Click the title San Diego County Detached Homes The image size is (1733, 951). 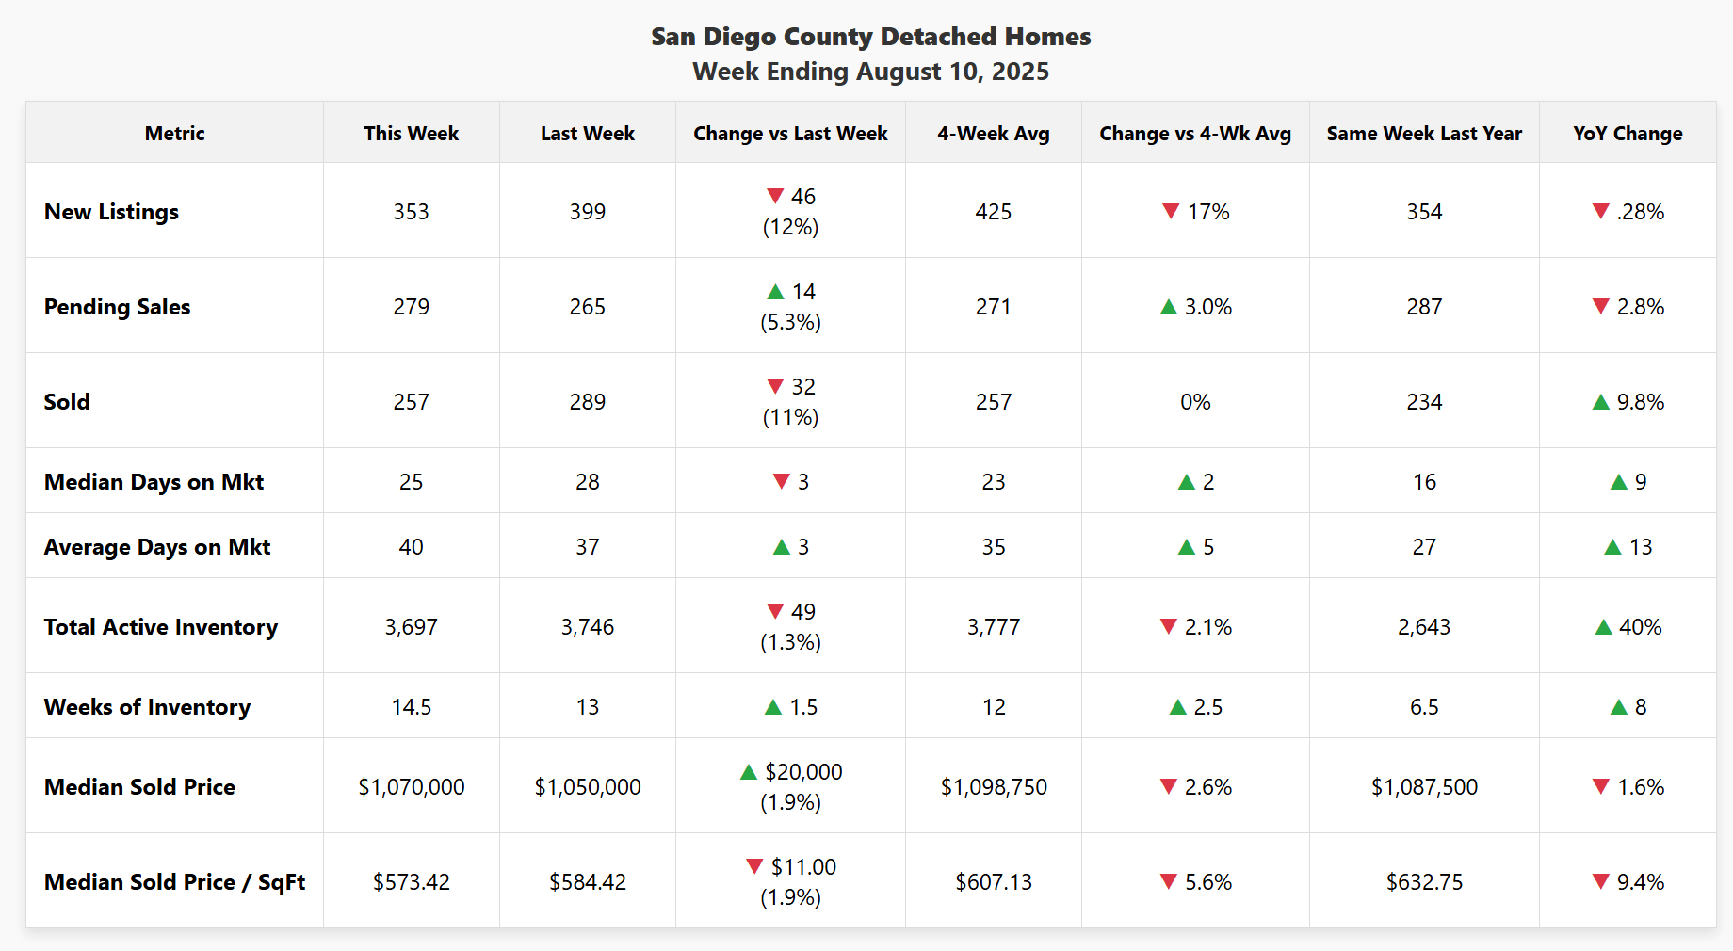pyautogui.click(x=870, y=37)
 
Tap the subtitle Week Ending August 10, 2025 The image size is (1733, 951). pyautogui.click(x=870, y=72)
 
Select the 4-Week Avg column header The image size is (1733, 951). pyautogui.click(x=993, y=134)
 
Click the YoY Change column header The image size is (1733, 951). pyautogui.click(x=1627, y=134)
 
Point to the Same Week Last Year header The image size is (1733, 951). pyautogui.click(x=1423, y=134)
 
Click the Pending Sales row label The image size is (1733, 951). pyautogui.click(x=117, y=307)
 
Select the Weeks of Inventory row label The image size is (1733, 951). pyautogui.click(x=147, y=707)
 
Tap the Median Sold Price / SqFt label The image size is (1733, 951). pyautogui.click(x=174, y=882)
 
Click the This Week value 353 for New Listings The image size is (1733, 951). pyautogui.click(x=411, y=212)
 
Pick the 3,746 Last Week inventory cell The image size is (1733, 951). pyautogui.click(x=587, y=627)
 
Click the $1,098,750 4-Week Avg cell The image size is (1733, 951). pyautogui.click(x=993, y=787)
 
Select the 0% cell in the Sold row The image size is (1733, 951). pyautogui.click(x=1194, y=402)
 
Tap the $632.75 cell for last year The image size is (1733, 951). pyautogui.click(x=1423, y=882)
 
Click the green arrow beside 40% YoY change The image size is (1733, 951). pyautogui.click(x=1603, y=627)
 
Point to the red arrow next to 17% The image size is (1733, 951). pyautogui.click(x=1171, y=211)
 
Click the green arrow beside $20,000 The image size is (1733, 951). pyautogui.click(x=749, y=772)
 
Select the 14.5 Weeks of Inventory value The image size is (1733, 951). pyautogui.click(x=411, y=707)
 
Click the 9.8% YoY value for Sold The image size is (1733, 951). pyautogui.click(x=1640, y=402)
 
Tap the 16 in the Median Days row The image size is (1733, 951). pyautogui.click(x=1423, y=482)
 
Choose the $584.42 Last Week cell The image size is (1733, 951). pyautogui.click(x=587, y=882)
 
